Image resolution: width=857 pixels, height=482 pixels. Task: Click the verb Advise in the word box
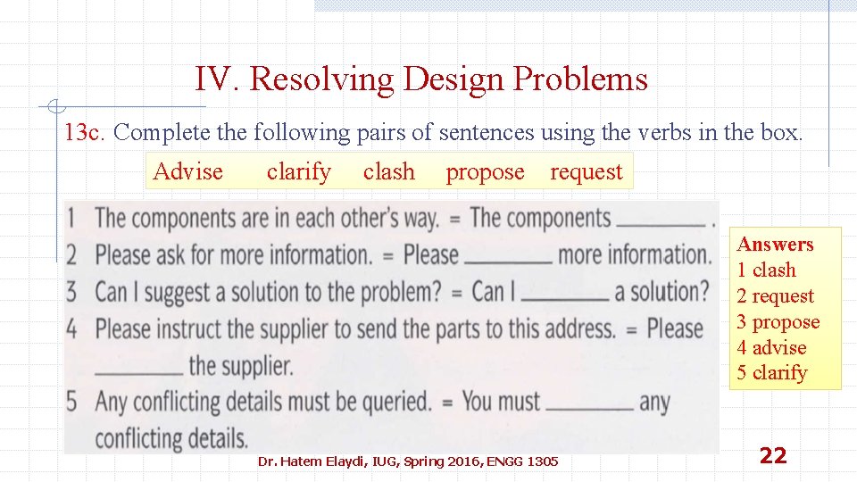point(187,171)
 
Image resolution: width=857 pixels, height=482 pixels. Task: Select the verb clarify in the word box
point(298,171)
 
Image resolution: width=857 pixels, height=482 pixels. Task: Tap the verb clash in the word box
point(388,171)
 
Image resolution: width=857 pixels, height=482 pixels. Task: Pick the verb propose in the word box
point(485,172)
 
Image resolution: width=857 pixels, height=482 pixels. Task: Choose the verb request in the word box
point(586,172)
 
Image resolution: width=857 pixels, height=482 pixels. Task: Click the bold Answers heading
point(775,245)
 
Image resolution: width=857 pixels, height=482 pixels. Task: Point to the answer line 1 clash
point(766,270)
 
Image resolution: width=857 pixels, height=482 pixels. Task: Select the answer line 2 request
point(775,295)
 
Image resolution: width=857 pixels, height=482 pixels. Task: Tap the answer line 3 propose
point(778,321)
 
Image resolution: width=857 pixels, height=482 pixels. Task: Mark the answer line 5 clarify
point(771,373)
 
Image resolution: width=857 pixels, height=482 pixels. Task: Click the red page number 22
point(772,456)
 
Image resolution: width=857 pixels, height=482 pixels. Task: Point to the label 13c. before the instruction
point(86,133)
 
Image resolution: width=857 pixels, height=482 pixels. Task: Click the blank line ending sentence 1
point(660,223)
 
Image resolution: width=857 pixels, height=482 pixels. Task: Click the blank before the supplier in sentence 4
point(138,371)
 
